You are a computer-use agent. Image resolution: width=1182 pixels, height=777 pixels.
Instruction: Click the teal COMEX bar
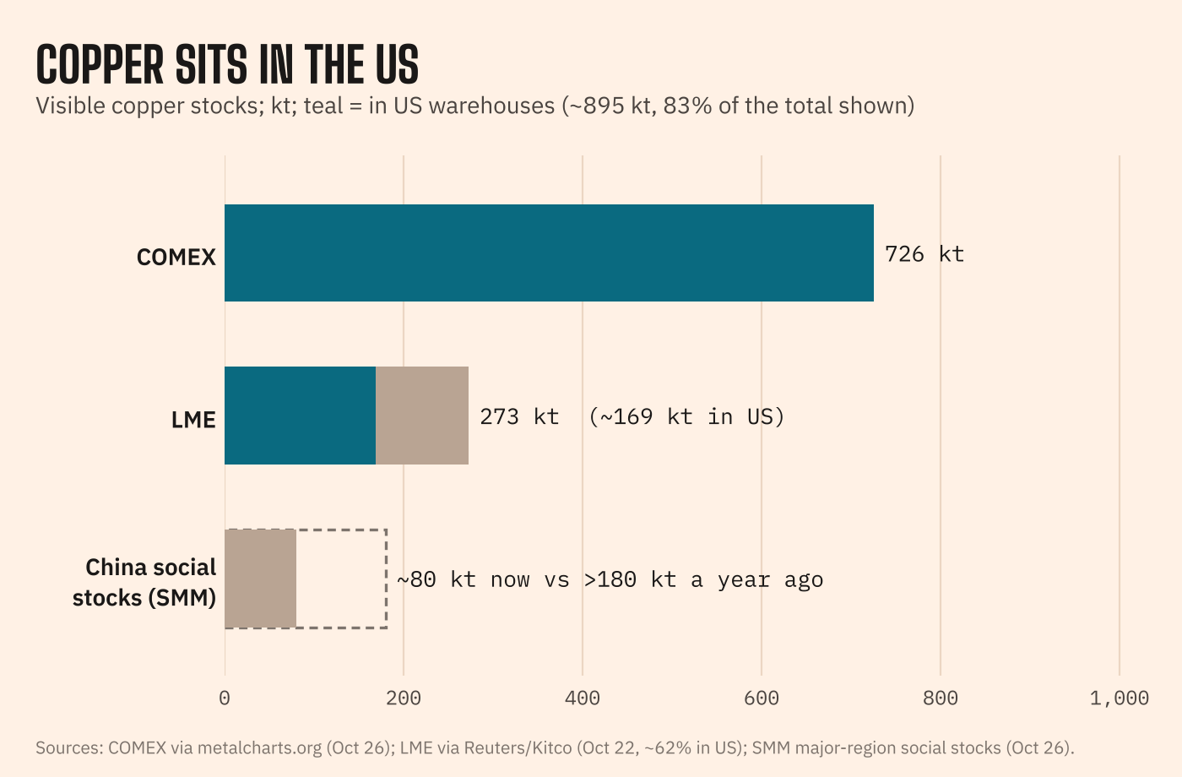point(549,253)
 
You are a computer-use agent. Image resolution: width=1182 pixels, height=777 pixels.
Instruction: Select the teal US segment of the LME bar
point(301,416)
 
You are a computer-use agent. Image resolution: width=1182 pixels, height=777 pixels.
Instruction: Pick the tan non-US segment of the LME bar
point(422,416)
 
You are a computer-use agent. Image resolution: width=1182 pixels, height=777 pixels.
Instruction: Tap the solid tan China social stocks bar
point(261,579)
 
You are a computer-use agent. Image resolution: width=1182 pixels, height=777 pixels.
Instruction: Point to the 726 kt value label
point(924,254)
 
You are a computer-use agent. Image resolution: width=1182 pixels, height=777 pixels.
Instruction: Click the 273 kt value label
point(519,417)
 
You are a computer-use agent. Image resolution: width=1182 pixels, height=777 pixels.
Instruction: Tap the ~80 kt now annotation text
point(464,580)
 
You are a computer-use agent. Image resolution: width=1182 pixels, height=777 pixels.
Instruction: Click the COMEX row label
point(176,257)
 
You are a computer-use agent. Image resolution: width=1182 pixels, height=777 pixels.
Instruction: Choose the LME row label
point(193,421)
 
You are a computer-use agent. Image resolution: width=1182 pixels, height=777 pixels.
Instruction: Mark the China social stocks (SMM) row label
point(144,583)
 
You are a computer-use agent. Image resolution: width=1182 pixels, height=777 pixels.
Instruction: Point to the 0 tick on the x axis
point(225,698)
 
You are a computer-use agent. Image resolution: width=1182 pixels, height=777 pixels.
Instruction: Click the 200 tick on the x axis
point(404,698)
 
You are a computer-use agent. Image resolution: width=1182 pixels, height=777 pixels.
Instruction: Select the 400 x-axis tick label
point(583,698)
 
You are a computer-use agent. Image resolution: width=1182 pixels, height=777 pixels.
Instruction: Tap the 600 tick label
point(762,698)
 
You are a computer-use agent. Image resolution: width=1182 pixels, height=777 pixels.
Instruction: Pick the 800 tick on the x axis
point(941,698)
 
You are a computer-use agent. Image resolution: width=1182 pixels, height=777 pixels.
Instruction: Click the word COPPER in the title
point(100,64)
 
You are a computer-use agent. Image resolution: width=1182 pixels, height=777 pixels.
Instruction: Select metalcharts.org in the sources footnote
point(260,748)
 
